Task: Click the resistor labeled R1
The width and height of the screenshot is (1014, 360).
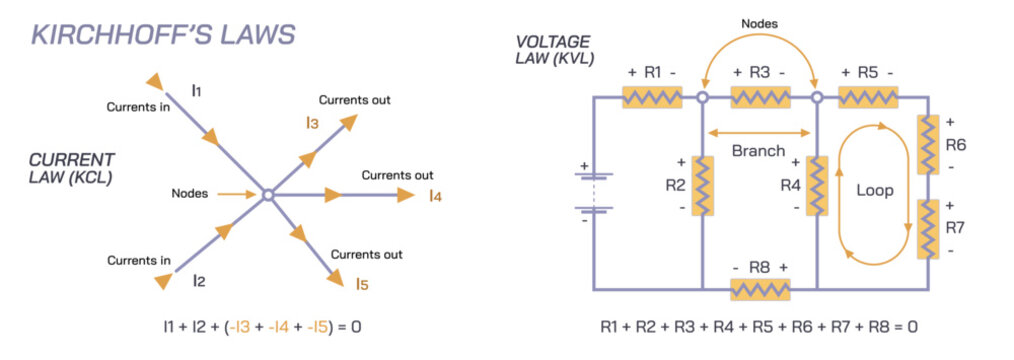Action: [x=651, y=97]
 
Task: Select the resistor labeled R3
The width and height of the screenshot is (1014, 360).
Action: [x=760, y=97]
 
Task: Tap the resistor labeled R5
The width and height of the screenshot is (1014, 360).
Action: [x=868, y=97]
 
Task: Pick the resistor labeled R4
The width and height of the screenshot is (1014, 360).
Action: [x=817, y=185]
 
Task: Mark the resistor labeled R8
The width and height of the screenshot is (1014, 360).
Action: [x=760, y=289]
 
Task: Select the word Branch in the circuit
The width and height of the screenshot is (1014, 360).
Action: [x=758, y=150]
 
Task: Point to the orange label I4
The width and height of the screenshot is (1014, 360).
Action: [x=434, y=196]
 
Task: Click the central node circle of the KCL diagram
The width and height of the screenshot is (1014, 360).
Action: [x=267, y=195]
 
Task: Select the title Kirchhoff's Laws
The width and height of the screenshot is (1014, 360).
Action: [x=163, y=36]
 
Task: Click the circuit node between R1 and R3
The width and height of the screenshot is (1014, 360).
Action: [x=703, y=97]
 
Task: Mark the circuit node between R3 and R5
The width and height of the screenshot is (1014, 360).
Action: [x=817, y=97]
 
